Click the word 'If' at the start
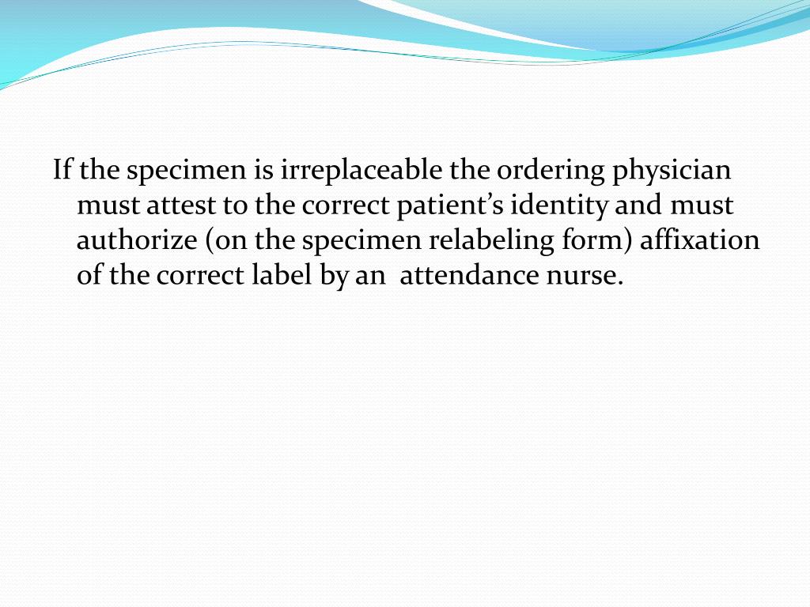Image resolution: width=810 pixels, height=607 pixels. pyautogui.click(x=61, y=170)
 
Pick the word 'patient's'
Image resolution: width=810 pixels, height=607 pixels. pyautogui.click(x=451, y=206)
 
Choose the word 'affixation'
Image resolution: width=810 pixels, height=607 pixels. pyautogui.click(x=699, y=241)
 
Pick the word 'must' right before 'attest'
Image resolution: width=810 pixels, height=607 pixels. pyautogui.click(x=108, y=206)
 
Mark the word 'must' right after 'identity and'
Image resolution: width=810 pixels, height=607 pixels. pyautogui.click(x=702, y=206)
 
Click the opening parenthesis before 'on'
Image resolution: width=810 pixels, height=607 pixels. pyautogui.click(x=210, y=241)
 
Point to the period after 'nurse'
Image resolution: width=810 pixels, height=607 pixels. pyautogui.click(x=620, y=282)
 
